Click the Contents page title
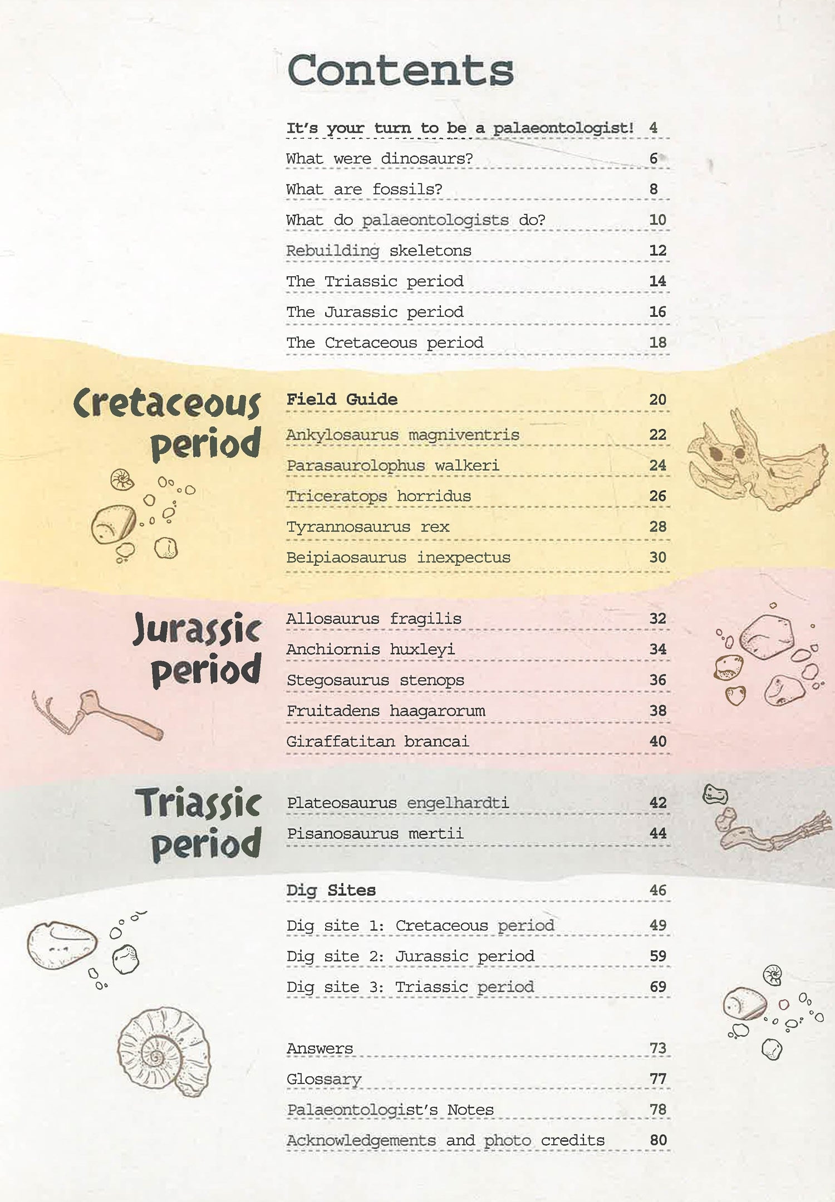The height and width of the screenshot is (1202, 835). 400,70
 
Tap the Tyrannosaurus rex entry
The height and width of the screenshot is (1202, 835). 367,527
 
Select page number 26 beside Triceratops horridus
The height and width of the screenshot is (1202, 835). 657,496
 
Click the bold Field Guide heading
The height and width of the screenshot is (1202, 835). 342,399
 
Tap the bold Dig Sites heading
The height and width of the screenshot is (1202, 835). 331,890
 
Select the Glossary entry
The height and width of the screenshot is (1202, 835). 323,1079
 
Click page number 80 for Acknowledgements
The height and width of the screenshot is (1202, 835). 658,1140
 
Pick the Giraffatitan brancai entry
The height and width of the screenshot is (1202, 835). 377,741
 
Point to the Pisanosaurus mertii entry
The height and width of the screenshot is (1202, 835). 375,833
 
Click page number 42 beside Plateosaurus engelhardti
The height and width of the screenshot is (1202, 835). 657,803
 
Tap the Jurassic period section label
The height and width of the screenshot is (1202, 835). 198,649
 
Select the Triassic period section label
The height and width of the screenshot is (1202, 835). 199,823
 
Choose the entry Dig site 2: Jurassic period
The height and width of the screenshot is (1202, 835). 410,956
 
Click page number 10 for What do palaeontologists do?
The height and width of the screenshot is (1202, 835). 657,220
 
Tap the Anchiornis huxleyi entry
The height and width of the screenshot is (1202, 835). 370,649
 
